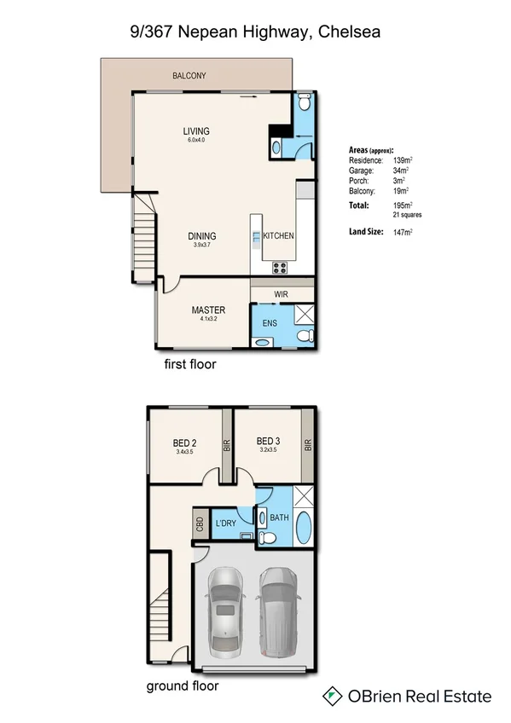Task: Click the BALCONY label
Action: (x=189, y=76)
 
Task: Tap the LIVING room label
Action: (x=196, y=131)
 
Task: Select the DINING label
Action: (x=202, y=236)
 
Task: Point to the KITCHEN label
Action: (x=278, y=236)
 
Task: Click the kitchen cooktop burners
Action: (x=280, y=268)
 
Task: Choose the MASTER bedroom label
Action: (x=208, y=309)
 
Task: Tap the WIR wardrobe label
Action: (x=282, y=294)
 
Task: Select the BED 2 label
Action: (x=185, y=442)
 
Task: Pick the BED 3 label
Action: (x=269, y=442)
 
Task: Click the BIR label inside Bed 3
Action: (x=307, y=445)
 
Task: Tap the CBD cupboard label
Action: (x=199, y=523)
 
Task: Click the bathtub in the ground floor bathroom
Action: (x=303, y=533)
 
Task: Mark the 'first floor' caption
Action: (x=189, y=364)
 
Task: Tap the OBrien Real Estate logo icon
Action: (x=332, y=697)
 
